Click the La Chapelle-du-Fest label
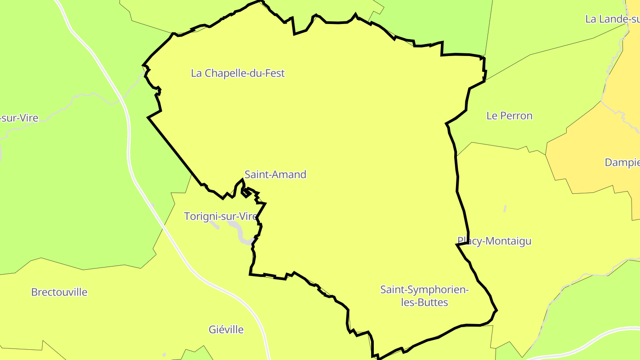[x=238, y=73]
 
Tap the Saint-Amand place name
[x=276, y=175]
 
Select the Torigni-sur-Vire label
[x=220, y=216]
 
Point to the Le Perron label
[x=509, y=116]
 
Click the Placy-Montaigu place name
[x=494, y=241]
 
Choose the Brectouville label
[x=59, y=292]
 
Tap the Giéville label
[x=226, y=330]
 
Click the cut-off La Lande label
[x=612, y=19]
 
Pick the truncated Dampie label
[x=622, y=163]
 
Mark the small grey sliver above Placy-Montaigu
[x=505, y=208]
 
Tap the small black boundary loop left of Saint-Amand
[x=245, y=192]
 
